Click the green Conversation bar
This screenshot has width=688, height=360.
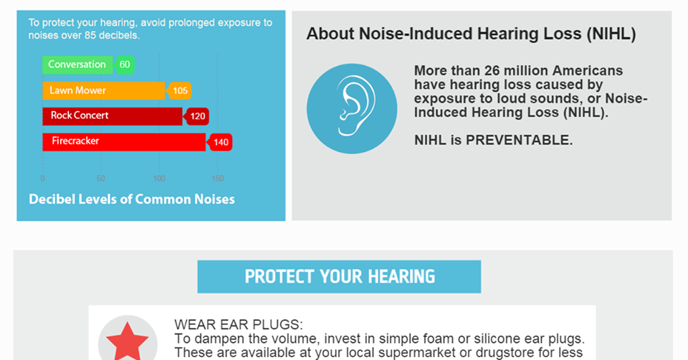77,65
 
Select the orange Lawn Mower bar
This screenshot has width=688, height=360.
103,91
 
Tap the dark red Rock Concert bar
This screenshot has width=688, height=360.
113,116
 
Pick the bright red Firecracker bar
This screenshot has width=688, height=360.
124,142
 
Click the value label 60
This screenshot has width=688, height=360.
125,65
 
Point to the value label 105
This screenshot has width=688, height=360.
179,91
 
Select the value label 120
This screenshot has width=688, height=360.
197,116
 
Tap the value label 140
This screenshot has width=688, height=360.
220,142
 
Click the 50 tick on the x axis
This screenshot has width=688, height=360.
101,179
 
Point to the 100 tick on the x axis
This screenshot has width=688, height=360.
159,179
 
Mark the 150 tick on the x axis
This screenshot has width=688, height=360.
218,179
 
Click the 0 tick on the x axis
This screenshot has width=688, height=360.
42,179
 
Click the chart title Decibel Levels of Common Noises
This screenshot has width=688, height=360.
132,199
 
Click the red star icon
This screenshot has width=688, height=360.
128,341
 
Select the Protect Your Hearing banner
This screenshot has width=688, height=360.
339,277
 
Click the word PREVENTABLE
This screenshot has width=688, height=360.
519,140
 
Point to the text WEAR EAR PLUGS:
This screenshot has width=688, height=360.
238,324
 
